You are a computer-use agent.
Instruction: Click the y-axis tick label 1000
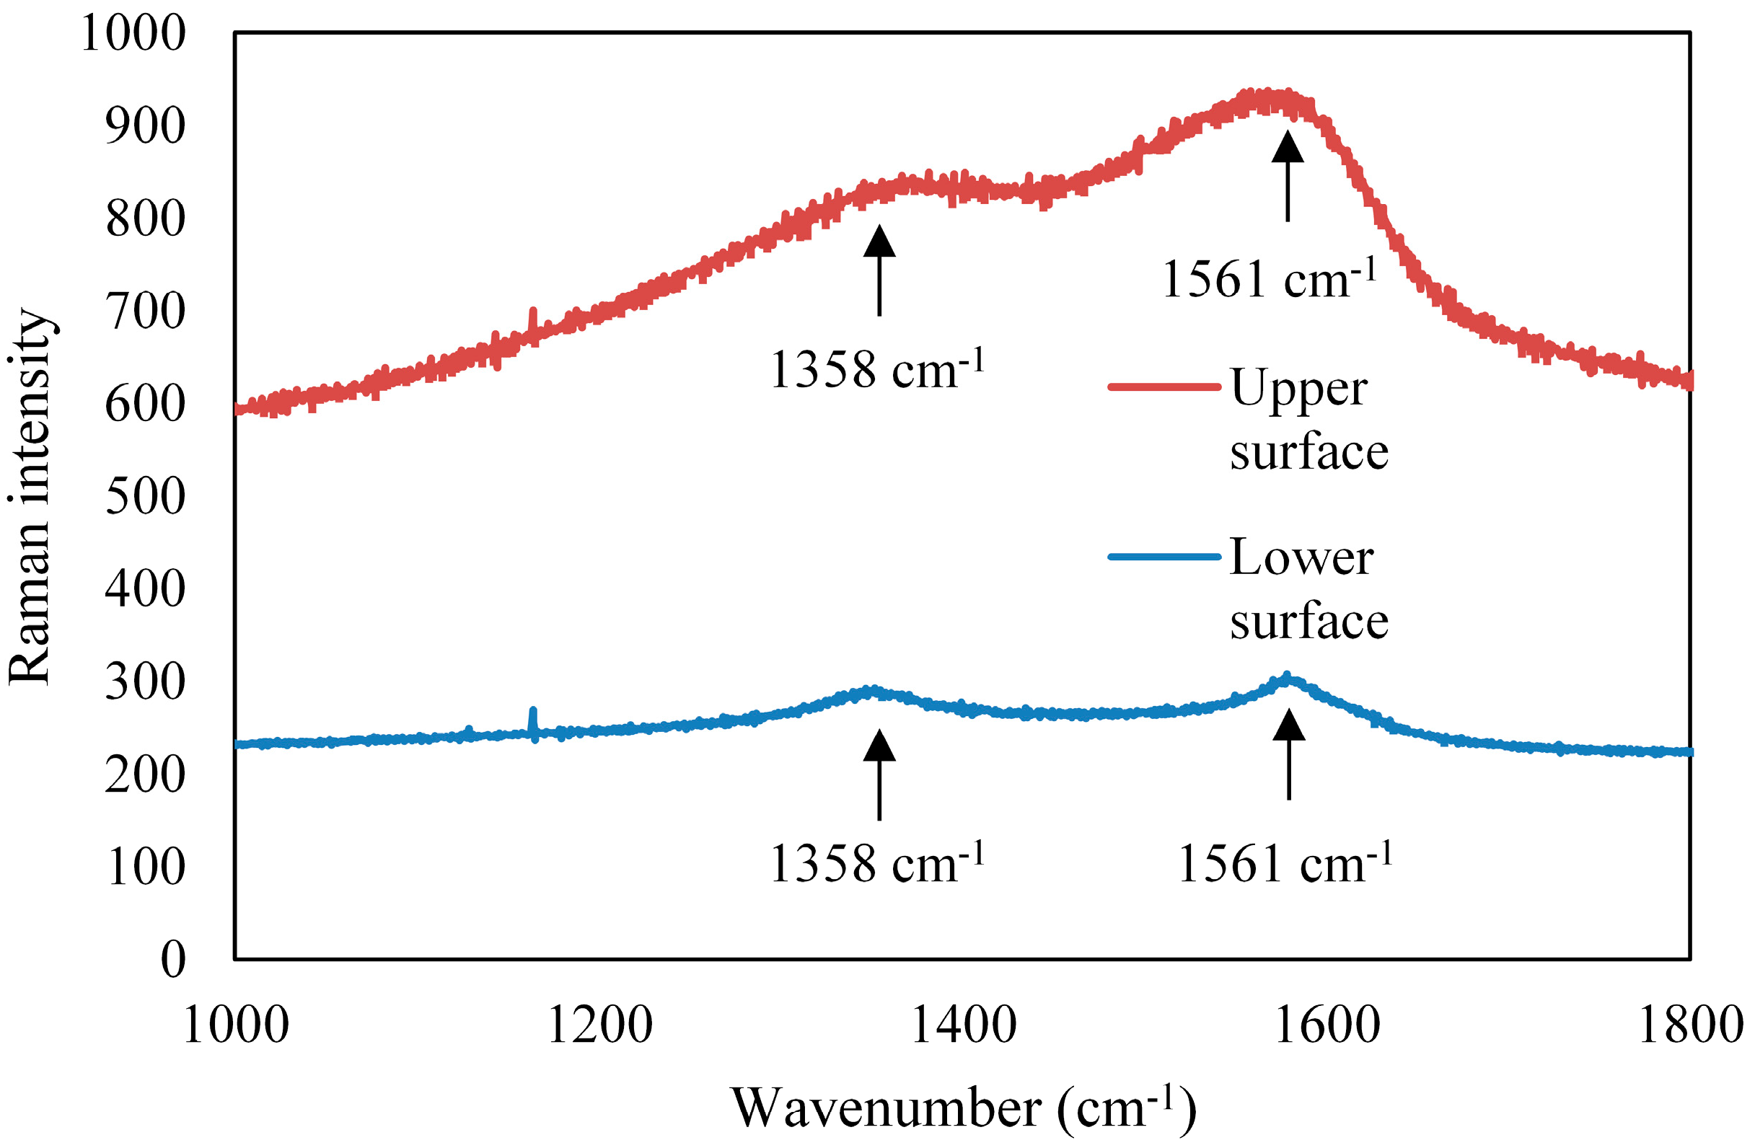click(133, 34)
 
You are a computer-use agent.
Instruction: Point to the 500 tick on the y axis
click(145, 497)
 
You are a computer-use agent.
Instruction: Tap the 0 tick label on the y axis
click(173, 961)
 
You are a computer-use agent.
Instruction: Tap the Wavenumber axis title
click(963, 1108)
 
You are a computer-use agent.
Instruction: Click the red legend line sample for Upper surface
click(1164, 387)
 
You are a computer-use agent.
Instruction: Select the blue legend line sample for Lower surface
click(1164, 557)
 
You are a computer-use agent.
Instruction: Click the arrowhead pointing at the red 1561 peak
click(1288, 147)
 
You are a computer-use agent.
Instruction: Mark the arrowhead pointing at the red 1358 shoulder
click(879, 242)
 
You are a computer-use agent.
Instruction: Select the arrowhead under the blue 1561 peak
click(1289, 725)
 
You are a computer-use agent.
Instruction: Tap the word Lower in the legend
click(1301, 557)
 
